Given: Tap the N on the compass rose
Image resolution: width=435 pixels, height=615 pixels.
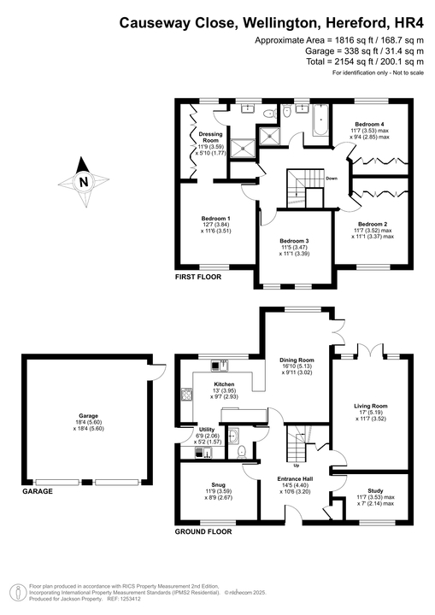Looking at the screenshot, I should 83,181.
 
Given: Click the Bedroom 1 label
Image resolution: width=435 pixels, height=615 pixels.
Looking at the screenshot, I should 215,219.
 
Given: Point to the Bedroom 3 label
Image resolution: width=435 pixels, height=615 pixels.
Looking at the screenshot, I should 294,242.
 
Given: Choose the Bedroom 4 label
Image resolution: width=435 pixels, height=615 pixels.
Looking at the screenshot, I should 369,126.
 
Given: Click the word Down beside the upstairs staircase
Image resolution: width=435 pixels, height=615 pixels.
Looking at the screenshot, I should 332,179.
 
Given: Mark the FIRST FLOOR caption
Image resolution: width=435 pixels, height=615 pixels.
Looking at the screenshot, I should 198,278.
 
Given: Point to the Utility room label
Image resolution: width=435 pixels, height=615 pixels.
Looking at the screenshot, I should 207,430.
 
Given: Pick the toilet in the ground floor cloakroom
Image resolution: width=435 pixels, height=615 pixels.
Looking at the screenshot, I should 242,450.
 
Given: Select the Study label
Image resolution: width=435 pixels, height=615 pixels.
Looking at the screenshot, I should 374,491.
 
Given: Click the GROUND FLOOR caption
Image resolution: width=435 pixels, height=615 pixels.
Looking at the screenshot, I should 203,531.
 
